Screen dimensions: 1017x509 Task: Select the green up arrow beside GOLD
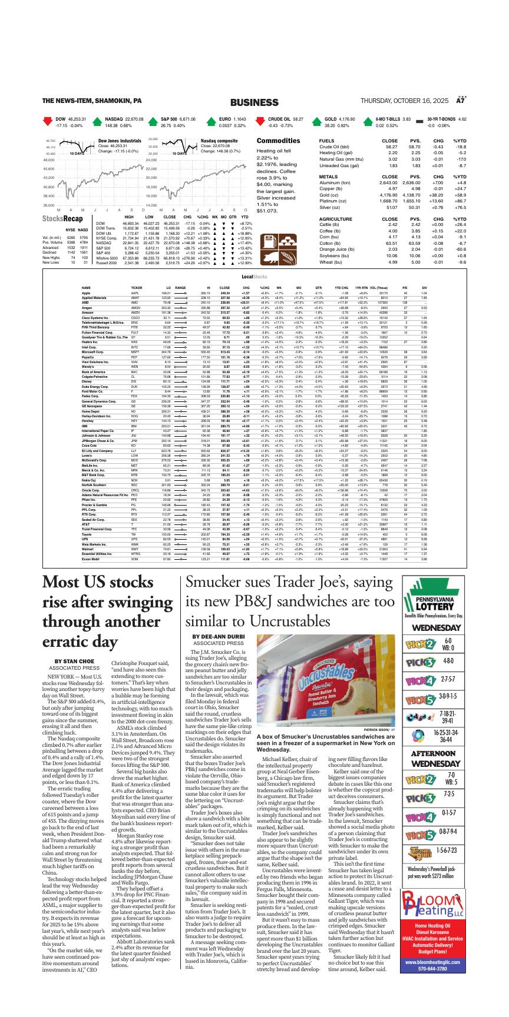[x=315, y=122]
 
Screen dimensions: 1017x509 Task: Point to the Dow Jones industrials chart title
[x=120, y=141]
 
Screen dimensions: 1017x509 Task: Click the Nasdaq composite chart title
[x=219, y=141]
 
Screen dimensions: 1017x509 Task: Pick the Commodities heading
[x=278, y=141]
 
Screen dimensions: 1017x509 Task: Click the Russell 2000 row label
[x=107, y=262]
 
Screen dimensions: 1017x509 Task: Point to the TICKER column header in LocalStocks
[x=136, y=288]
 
